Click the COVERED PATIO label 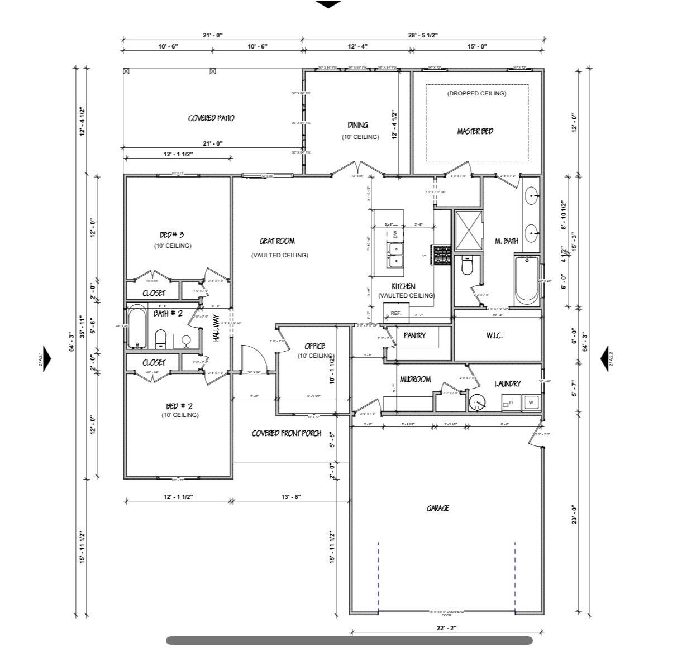[211, 118]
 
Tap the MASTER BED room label [475, 131]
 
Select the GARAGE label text [438, 509]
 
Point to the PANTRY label [414, 335]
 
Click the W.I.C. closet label [494, 335]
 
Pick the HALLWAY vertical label [217, 328]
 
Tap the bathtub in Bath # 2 [137, 327]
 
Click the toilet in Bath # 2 [161, 338]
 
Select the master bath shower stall [468, 231]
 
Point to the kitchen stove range [442, 255]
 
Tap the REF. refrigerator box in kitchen [396, 313]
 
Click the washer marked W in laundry [531, 402]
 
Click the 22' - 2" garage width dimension [446, 628]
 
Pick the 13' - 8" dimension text [292, 496]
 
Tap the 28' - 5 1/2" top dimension [423, 35]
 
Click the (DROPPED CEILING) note [476, 94]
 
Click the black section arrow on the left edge [47, 359]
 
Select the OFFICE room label [314, 346]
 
